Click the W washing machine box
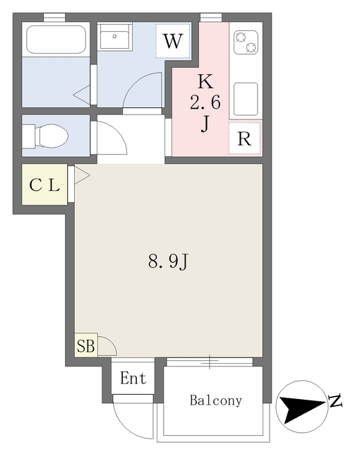(x=173, y=41)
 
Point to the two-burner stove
(x=246, y=44)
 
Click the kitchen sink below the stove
(x=246, y=100)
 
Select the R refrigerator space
(x=244, y=138)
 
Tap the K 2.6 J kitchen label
(x=205, y=103)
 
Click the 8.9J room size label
(x=168, y=262)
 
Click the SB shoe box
(x=85, y=346)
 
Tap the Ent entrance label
(x=133, y=379)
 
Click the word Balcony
(x=215, y=400)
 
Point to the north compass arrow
(x=299, y=405)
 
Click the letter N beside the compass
(x=335, y=403)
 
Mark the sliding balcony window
(x=210, y=362)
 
